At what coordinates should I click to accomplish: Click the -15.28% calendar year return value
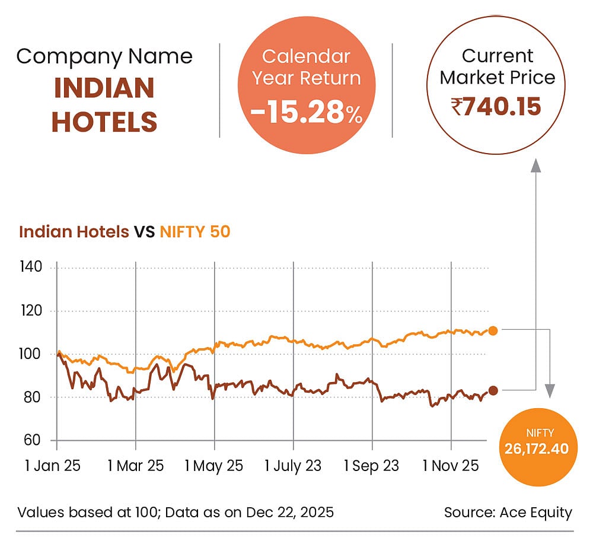[x=306, y=112]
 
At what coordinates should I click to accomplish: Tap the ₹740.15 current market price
[x=496, y=107]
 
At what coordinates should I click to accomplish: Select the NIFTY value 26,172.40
[x=536, y=447]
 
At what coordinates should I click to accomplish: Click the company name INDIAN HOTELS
[x=104, y=105]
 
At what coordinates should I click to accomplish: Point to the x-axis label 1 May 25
[x=213, y=466]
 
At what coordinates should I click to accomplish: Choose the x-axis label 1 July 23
[x=293, y=466]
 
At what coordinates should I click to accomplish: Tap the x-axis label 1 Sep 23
[x=372, y=466]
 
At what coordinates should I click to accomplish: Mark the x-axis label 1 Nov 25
[x=451, y=466]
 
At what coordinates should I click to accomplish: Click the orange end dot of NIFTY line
[x=493, y=330]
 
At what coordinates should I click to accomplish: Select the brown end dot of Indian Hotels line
[x=493, y=390]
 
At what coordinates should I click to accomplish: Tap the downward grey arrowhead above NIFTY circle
[x=550, y=390]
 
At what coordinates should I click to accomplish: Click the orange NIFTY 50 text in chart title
[x=195, y=231]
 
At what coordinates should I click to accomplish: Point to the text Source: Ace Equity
[x=508, y=513]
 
